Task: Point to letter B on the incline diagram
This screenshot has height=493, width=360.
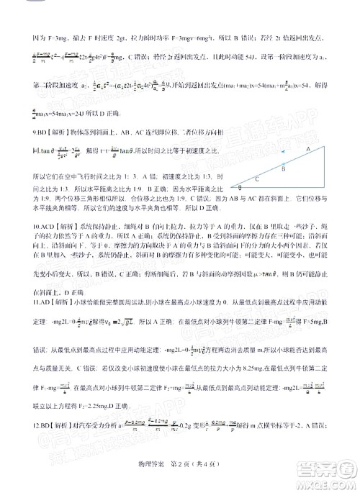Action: (283, 171)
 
